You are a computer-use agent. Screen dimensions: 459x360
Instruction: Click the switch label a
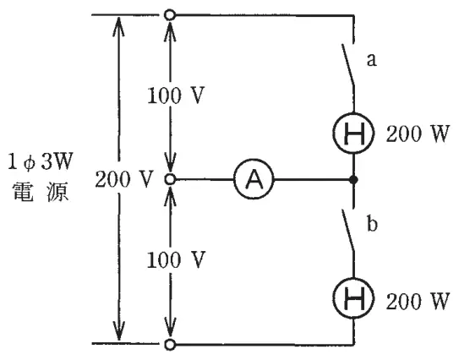[x=371, y=60]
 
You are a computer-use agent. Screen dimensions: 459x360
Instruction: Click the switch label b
[x=372, y=224]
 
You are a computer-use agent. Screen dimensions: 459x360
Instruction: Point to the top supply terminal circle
[x=170, y=14]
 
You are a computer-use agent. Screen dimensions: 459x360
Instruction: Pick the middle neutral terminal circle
[x=170, y=179]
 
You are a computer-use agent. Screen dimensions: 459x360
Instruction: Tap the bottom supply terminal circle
[x=170, y=345]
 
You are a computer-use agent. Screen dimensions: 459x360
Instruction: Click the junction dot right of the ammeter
[x=354, y=179]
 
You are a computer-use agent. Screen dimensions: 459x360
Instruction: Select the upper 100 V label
[x=175, y=95]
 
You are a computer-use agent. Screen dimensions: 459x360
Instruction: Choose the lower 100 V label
[x=175, y=259]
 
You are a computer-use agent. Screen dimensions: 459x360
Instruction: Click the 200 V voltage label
[x=124, y=179]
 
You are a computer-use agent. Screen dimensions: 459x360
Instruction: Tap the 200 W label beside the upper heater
[x=418, y=134]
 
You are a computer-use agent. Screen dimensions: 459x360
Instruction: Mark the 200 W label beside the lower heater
[x=418, y=301]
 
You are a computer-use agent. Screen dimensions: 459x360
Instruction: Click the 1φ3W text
[x=40, y=162]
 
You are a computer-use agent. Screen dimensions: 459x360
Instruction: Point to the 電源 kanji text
[x=41, y=192]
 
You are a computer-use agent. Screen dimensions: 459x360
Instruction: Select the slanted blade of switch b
[x=348, y=230]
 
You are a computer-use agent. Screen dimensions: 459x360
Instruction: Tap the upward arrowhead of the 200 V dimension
[x=118, y=26]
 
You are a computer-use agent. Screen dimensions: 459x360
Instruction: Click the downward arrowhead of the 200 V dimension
[x=118, y=330]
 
